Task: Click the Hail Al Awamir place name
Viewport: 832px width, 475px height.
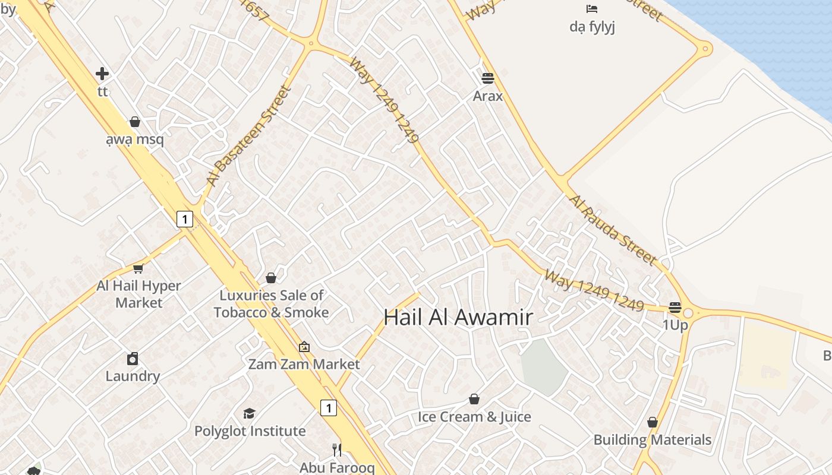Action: [x=458, y=317]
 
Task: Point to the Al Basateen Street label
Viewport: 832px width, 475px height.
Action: [x=249, y=135]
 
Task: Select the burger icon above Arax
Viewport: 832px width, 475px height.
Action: [x=488, y=78]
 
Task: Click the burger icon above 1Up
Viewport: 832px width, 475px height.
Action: [x=675, y=308]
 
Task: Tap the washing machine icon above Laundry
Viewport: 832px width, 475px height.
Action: [x=133, y=359]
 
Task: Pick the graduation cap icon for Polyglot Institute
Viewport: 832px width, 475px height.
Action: [x=250, y=413]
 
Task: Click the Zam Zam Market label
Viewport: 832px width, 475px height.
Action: [x=304, y=364]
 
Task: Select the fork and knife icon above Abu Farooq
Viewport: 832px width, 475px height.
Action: [x=337, y=450]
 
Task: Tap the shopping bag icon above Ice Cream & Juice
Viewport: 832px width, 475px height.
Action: [x=474, y=399]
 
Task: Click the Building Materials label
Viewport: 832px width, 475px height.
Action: [x=653, y=440]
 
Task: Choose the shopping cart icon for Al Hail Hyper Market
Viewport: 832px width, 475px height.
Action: [x=138, y=268]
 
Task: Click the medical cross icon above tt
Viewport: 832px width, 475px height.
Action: [x=102, y=74]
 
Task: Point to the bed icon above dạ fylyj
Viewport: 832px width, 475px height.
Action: [x=592, y=9]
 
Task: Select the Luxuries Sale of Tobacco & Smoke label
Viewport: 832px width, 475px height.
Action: [x=271, y=303]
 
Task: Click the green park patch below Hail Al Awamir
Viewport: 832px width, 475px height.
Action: [x=544, y=366]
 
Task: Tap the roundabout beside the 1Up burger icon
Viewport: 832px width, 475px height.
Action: [x=688, y=312]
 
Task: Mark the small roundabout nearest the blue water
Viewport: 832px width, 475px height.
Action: [x=705, y=48]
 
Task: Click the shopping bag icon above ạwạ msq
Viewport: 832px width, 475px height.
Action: [x=135, y=122]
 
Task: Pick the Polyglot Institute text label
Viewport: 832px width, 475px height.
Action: [x=250, y=431]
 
